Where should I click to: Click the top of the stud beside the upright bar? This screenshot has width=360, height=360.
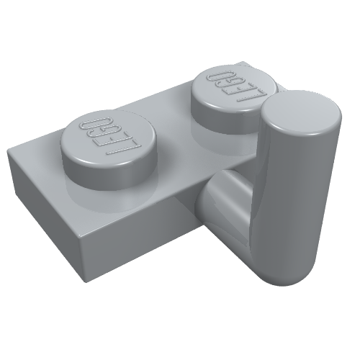(234, 89)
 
